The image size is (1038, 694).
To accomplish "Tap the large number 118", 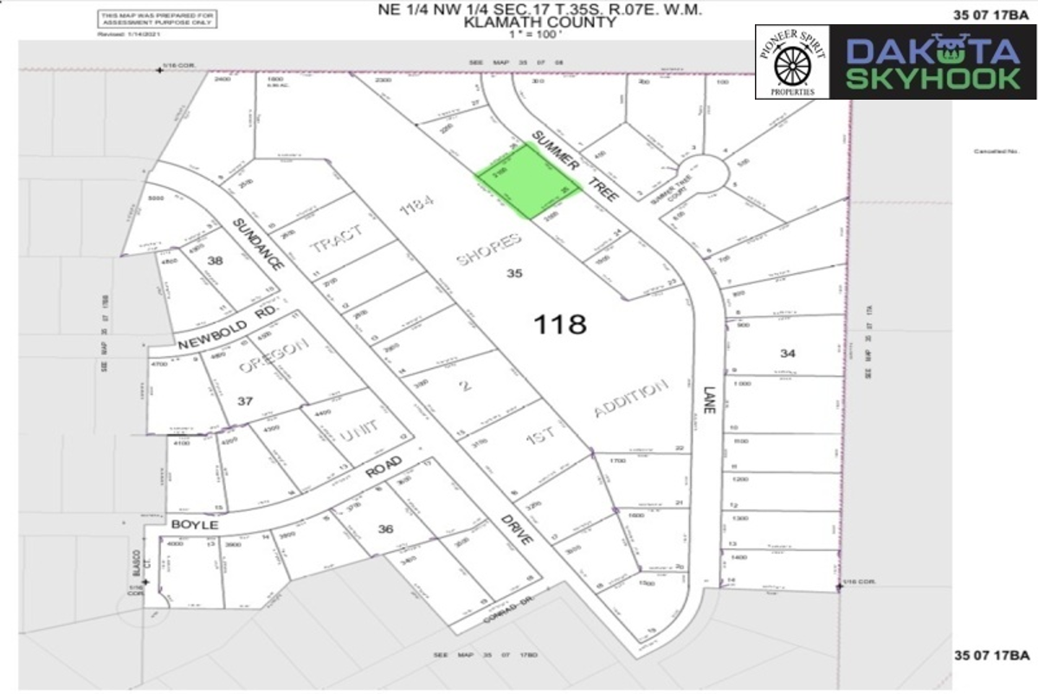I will (560, 325).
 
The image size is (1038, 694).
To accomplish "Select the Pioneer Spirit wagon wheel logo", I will (792, 62).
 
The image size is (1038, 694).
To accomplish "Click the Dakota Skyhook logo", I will (932, 62).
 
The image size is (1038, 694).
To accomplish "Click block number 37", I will (244, 400).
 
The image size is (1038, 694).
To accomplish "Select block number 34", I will (787, 353).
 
